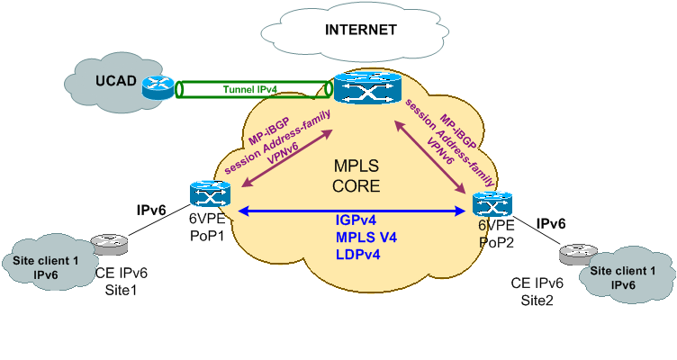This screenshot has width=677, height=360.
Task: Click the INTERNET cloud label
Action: point(360,29)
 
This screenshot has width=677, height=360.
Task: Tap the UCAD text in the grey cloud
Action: point(115,82)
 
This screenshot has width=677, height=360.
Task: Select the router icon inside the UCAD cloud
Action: point(158,85)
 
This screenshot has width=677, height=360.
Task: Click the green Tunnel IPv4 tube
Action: point(252,89)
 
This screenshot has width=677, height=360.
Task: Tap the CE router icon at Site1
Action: point(109,244)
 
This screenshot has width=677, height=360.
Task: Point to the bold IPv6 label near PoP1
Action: point(150,210)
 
